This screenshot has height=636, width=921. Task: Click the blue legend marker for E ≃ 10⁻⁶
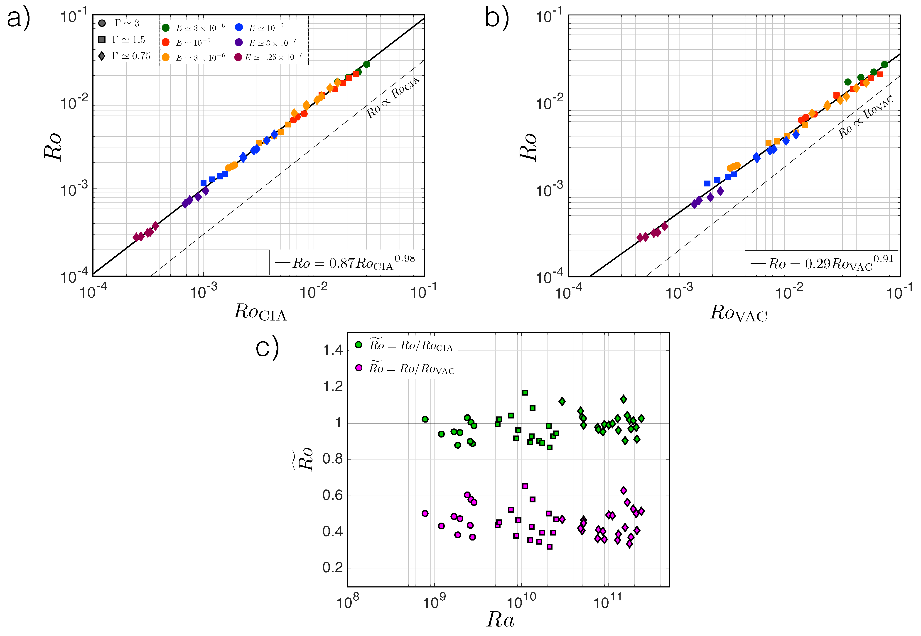(239, 27)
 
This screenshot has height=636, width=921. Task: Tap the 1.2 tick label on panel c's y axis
(333, 386)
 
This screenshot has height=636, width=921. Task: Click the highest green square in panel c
(525, 393)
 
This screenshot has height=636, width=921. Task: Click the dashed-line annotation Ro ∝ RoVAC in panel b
(866, 116)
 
